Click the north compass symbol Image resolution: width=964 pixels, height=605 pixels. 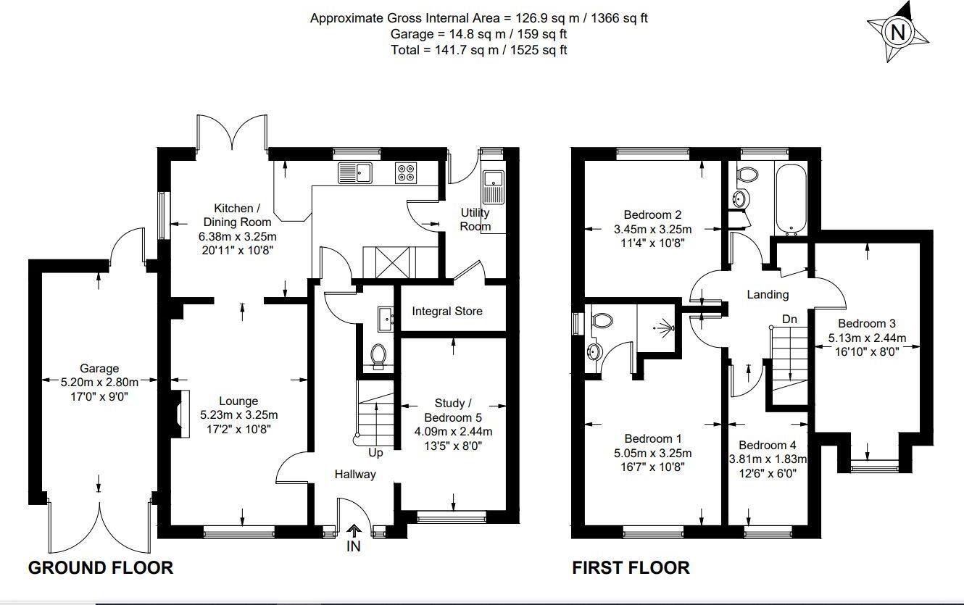pos(898,33)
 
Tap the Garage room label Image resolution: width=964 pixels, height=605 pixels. pos(99,369)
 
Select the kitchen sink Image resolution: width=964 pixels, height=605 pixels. pos(354,172)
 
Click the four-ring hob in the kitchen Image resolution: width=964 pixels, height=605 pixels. pos(406,172)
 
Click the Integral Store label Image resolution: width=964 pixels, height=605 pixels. pos(447,312)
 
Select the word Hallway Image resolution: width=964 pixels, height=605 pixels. pos(355,475)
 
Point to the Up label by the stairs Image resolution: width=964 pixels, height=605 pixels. pos(375,453)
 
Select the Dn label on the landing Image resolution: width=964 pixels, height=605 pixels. pos(791,319)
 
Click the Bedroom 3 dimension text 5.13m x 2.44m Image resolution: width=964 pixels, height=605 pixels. pos(868,338)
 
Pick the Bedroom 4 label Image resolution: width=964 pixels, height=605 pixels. pos(768,445)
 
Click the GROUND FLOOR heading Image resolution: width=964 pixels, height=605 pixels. pos(101,567)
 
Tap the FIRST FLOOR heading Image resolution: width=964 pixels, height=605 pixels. pos(631,567)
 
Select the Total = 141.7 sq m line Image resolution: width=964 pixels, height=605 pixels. pos(479,50)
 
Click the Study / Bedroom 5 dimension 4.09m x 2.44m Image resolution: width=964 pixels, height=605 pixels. pos(453,432)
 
